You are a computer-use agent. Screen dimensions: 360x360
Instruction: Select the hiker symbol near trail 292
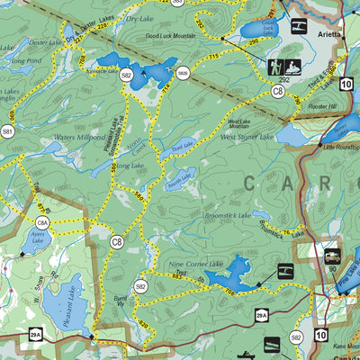(x=274, y=67)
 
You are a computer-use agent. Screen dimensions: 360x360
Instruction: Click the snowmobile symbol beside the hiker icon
(x=293, y=67)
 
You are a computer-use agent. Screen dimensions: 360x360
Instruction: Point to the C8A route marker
(x=42, y=222)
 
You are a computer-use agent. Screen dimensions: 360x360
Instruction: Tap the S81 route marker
(x=7, y=131)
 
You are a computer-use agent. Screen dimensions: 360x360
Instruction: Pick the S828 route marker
(x=183, y=73)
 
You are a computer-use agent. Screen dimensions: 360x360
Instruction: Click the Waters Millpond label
(x=79, y=138)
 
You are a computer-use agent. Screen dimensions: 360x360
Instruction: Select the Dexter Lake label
(x=43, y=42)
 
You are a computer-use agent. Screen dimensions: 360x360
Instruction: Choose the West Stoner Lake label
(x=241, y=137)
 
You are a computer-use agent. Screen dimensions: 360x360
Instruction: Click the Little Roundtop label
(x=340, y=147)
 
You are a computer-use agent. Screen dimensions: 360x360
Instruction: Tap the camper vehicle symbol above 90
(x=331, y=255)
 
